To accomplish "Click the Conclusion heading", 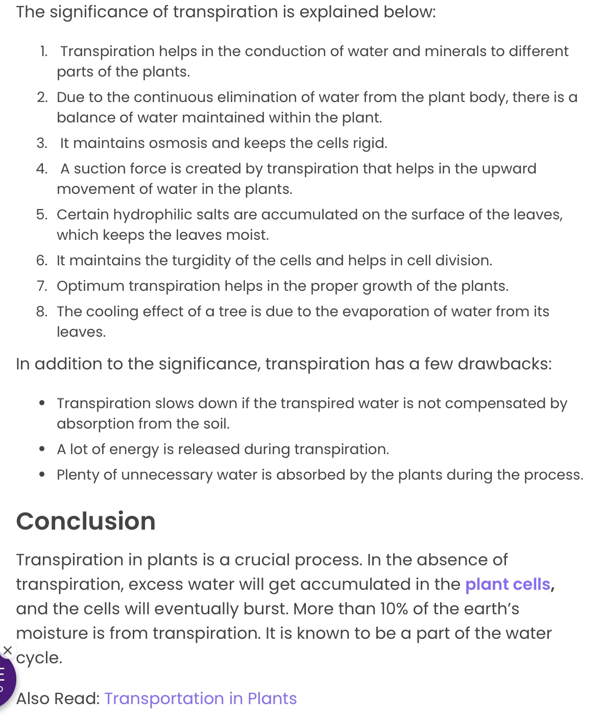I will coord(86,521).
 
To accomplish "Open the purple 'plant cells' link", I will coord(508,584).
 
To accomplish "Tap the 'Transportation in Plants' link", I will coord(200,698).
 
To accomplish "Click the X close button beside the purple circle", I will coord(8,650).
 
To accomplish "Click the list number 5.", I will coord(41,215).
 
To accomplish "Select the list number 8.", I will coord(41,312).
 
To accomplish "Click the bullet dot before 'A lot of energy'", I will coord(42,450).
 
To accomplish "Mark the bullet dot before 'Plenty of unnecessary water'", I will coord(42,475).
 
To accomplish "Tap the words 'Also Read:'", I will coord(58,698).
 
